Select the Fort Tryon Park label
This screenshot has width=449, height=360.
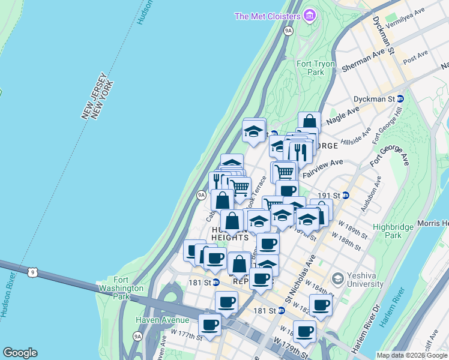point(310,68)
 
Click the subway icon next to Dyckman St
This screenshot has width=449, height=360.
point(400,98)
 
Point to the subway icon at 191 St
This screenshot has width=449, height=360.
point(346,196)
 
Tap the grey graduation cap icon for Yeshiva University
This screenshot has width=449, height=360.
point(338,278)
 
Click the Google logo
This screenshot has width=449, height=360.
point(20,353)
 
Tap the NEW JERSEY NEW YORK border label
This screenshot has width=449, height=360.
point(96,97)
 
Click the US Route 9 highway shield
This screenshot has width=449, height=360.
point(35,272)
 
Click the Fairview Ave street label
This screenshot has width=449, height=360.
point(322,168)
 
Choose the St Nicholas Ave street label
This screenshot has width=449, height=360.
point(300,283)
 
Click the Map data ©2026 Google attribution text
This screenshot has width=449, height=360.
point(412,355)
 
